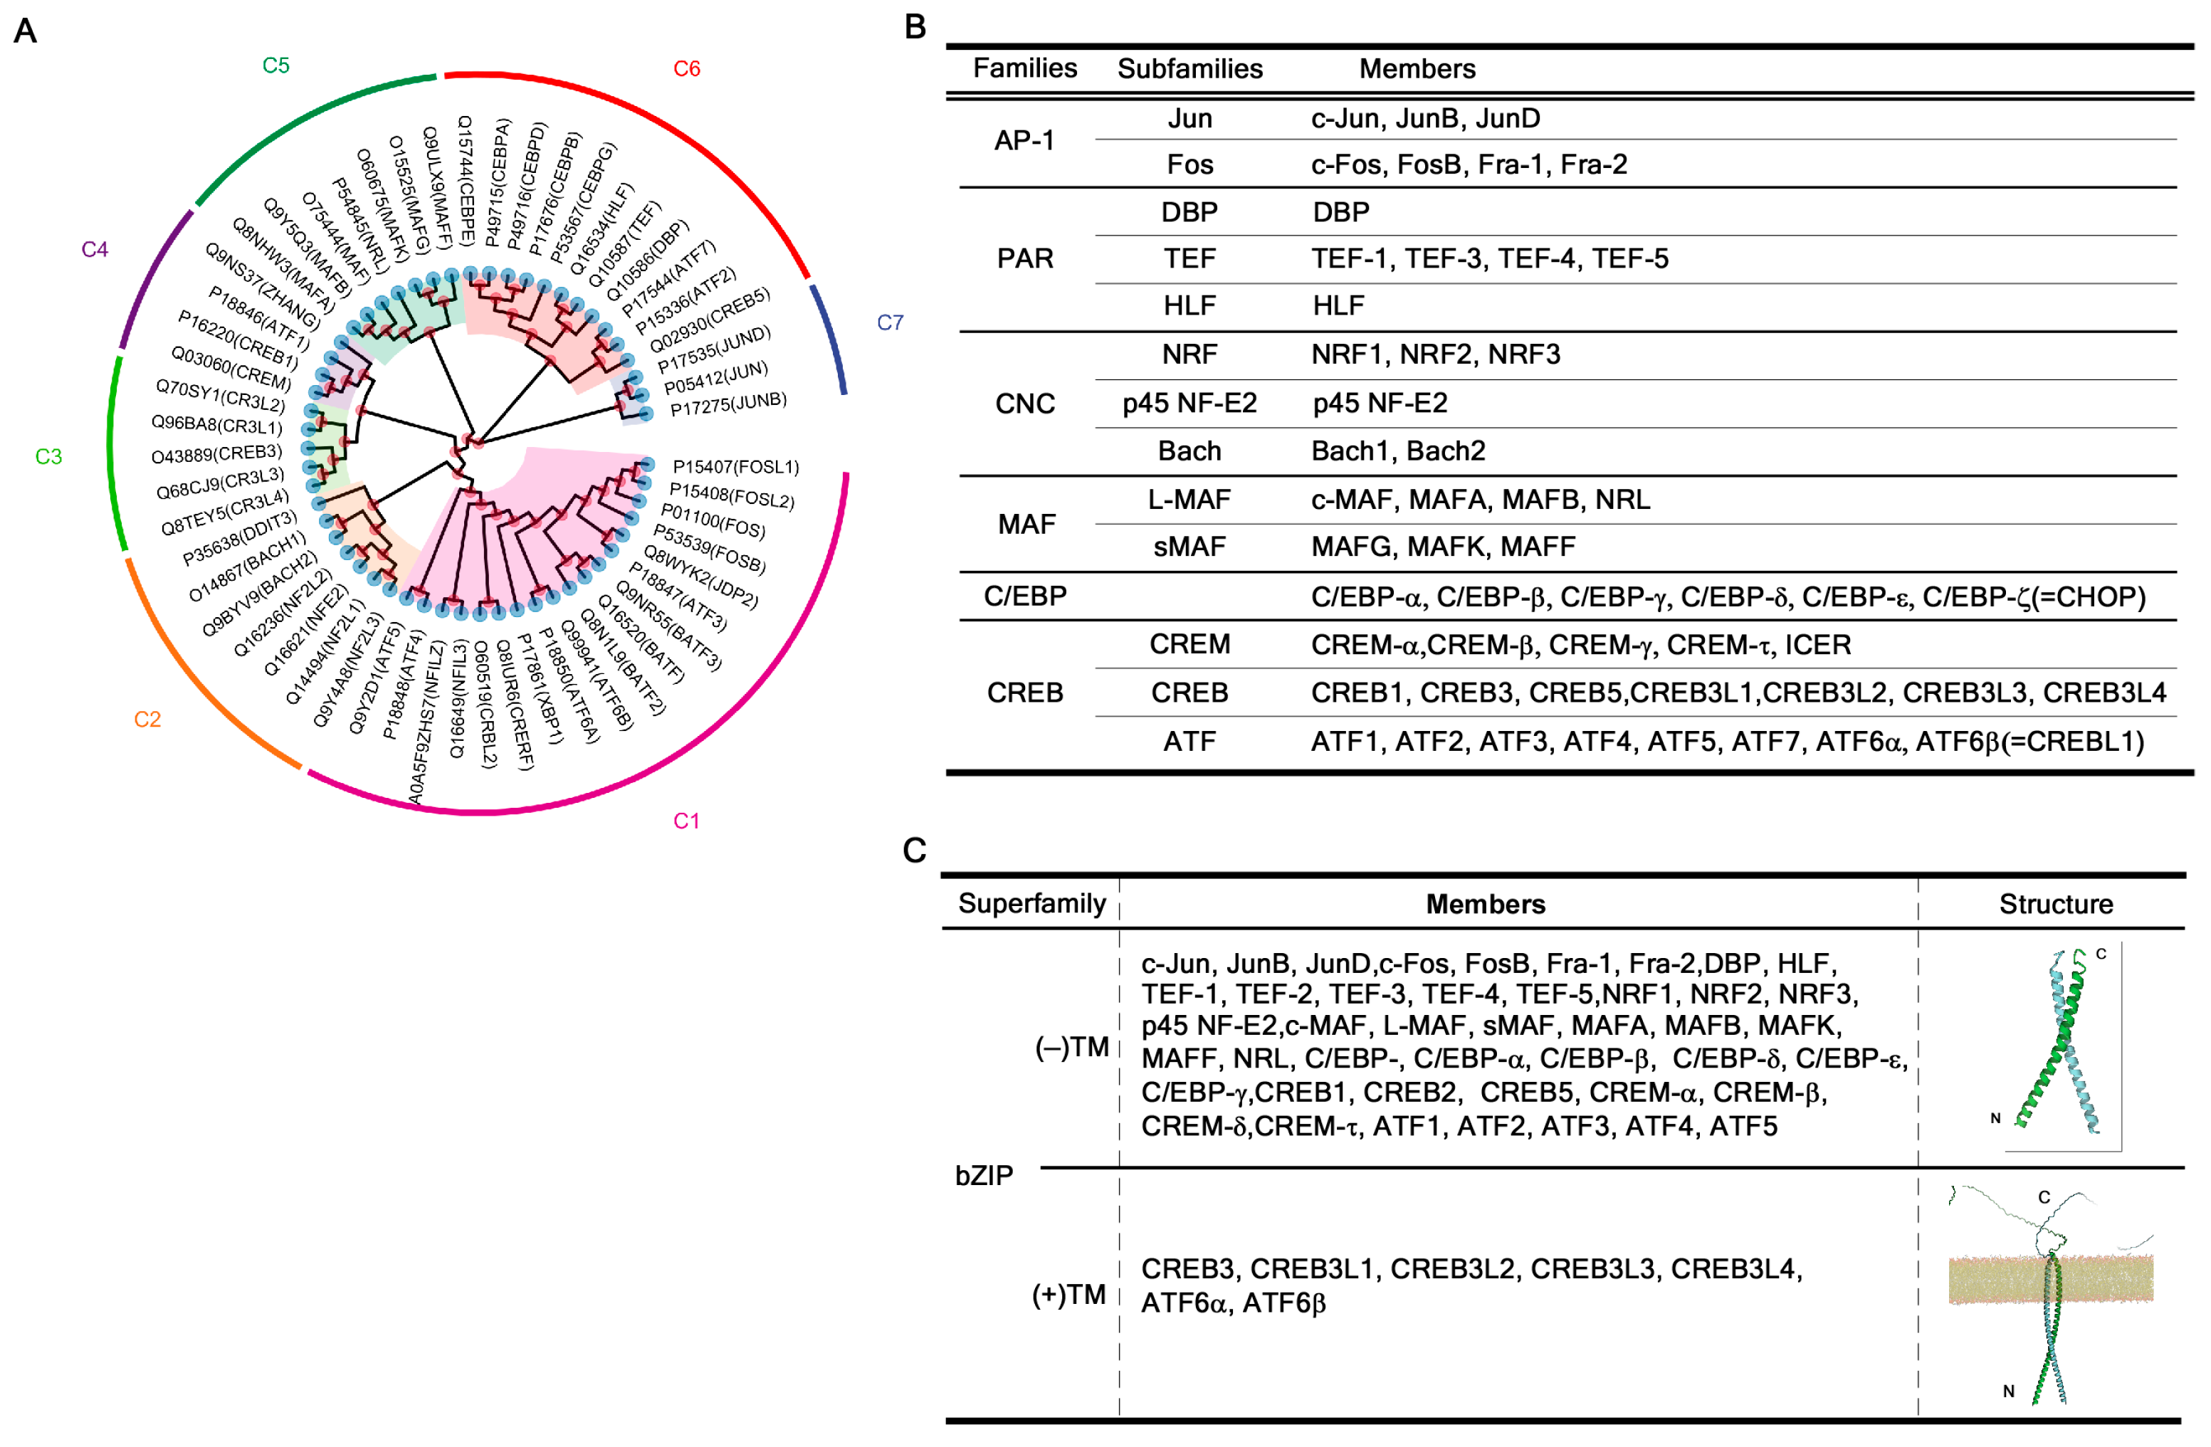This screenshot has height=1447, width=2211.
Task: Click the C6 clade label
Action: click(686, 69)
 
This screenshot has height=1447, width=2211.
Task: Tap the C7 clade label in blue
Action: click(889, 322)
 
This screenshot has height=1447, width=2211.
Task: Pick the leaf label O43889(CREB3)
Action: click(216, 454)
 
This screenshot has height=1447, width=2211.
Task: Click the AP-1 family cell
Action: click(1024, 140)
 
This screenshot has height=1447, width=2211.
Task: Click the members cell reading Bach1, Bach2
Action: click(1397, 451)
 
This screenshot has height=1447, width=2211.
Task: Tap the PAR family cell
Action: click(1024, 258)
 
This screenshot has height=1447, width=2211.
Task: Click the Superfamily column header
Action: click(1031, 904)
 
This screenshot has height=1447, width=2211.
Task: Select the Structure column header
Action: click(2055, 904)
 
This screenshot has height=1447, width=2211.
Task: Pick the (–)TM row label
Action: click(1071, 1047)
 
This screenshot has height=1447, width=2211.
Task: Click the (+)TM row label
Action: click(1068, 1294)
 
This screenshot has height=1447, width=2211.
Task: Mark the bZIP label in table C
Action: click(984, 1175)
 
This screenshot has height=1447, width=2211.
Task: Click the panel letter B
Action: click(915, 27)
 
